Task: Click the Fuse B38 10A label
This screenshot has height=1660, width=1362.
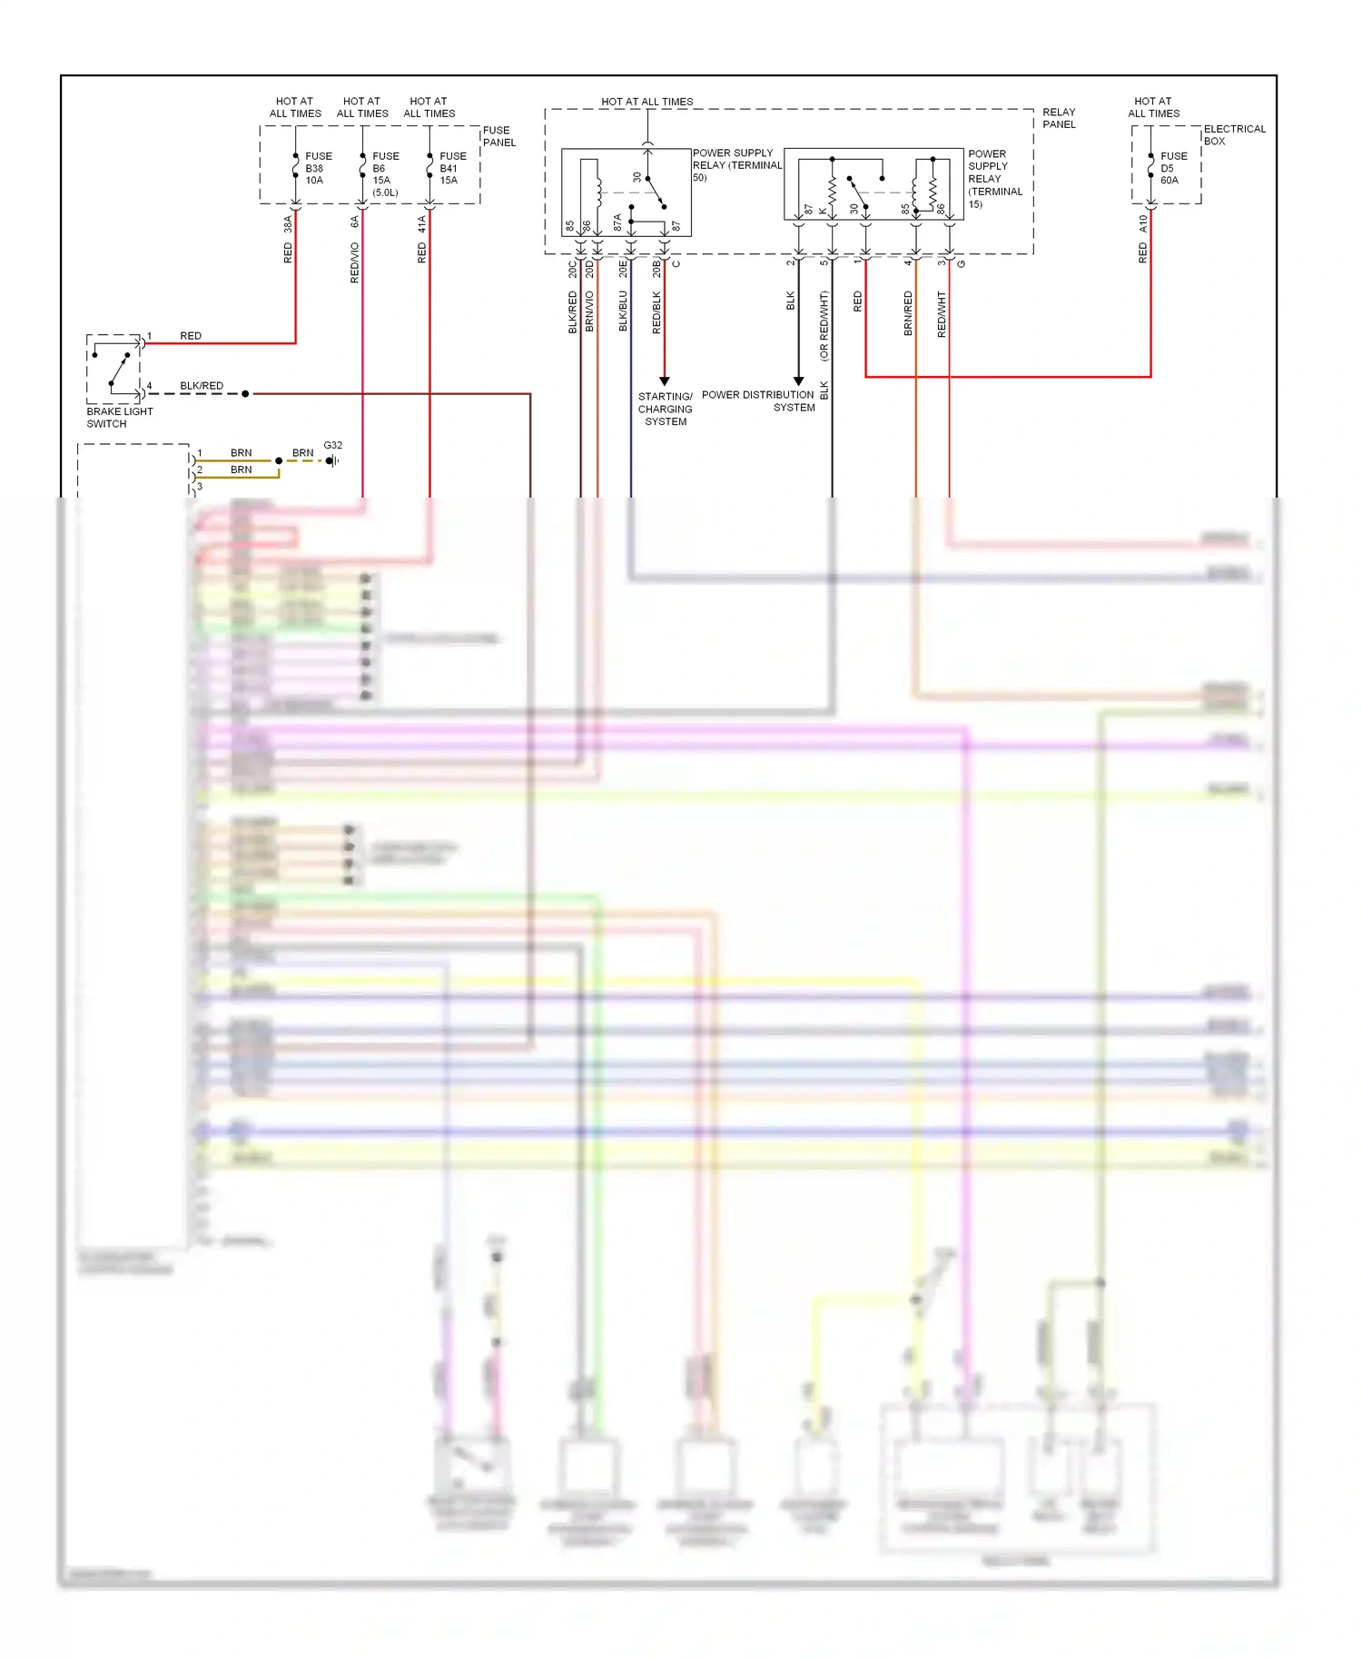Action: tap(318, 168)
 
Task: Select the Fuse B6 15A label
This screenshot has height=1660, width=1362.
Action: tap(385, 173)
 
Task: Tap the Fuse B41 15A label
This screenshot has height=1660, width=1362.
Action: tap(452, 168)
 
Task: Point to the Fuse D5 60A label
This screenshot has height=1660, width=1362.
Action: tap(1173, 168)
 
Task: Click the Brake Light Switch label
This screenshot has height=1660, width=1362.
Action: tap(119, 418)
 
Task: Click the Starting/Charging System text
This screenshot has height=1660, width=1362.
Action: tap(665, 409)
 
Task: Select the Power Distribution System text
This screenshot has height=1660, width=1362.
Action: tap(758, 400)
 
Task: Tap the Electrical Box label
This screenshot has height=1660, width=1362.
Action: tap(1234, 134)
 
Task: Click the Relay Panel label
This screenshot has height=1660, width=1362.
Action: tap(1059, 118)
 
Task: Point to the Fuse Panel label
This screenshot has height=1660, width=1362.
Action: tap(498, 136)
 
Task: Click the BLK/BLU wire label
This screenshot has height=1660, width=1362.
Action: tap(623, 311)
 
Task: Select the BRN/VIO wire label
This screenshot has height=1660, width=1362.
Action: tap(589, 311)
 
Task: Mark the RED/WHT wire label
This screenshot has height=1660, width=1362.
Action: tap(942, 314)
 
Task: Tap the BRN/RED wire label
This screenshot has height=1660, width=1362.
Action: tap(908, 313)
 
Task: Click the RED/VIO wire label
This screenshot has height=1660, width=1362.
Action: tap(355, 262)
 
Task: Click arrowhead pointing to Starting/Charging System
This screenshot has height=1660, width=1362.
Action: tap(664, 381)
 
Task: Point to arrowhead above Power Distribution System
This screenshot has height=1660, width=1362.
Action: tap(798, 381)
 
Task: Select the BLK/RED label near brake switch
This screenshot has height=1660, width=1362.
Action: tap(202, 386)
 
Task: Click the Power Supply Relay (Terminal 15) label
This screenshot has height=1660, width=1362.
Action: tap(994, 179)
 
